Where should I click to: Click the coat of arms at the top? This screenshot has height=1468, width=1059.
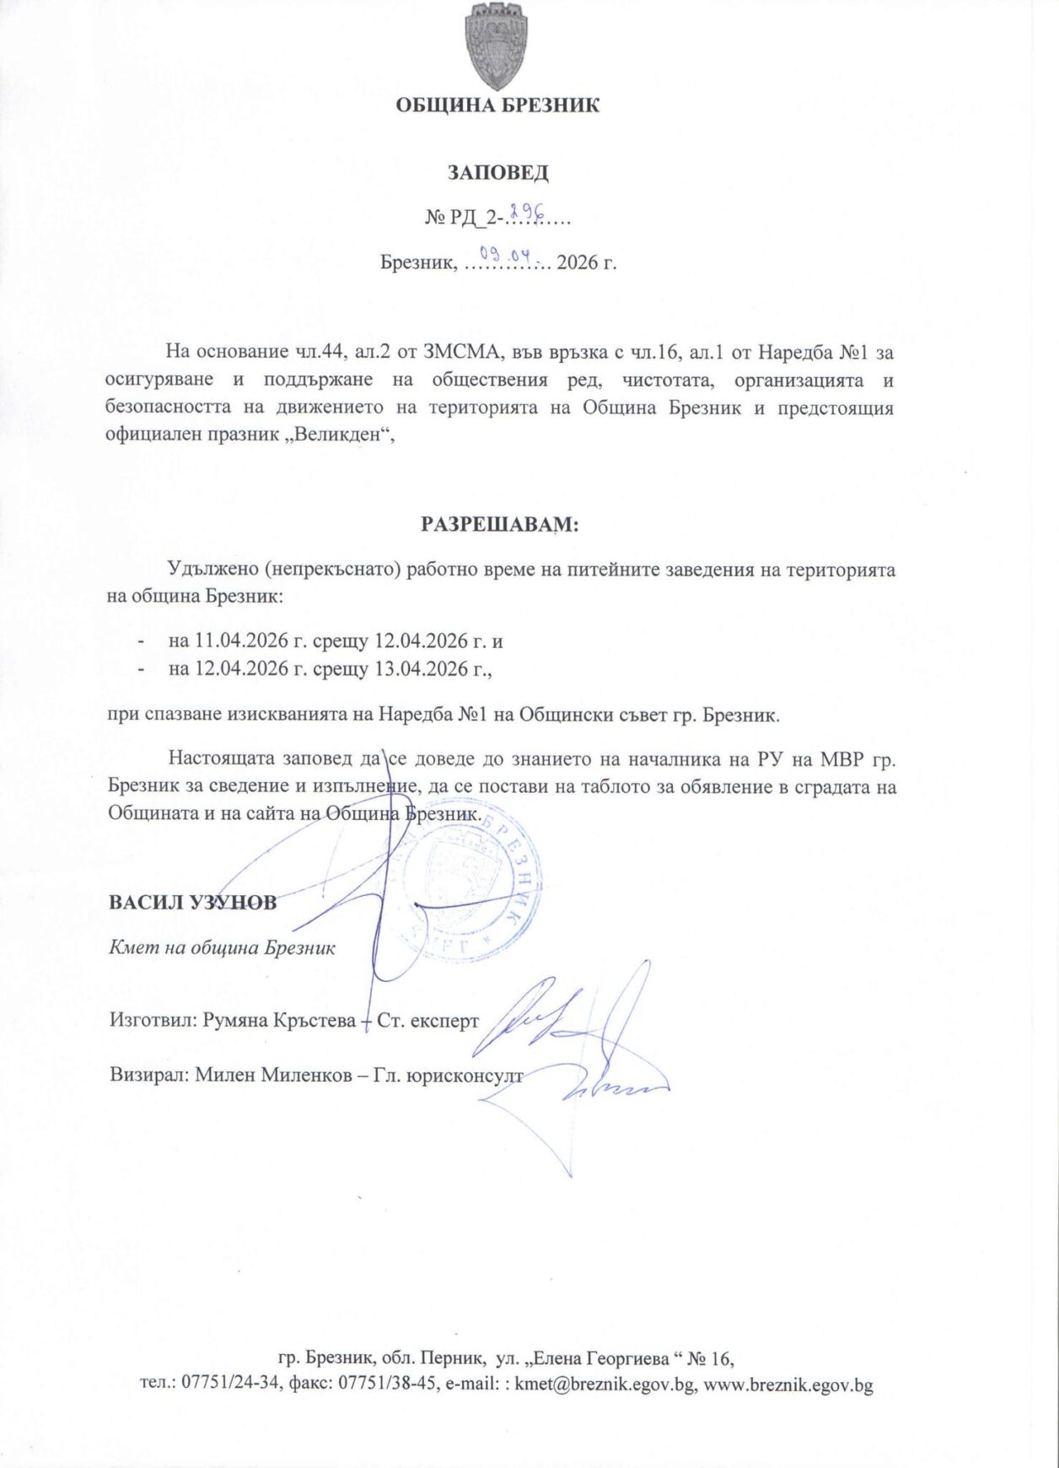(x=497, y=46)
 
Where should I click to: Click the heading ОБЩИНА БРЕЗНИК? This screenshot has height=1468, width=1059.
(x=497, y=105)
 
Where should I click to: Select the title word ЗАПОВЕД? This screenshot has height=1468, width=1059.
(x=497, y=173)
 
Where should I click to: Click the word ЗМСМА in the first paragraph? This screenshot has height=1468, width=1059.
(x=462, y=352)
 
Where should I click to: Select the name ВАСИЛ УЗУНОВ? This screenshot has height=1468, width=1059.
(x=192, y=902)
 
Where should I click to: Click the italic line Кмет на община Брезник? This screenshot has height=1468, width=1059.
(x=223, y=947)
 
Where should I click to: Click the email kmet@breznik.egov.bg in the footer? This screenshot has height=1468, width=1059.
(x=605, y=1384)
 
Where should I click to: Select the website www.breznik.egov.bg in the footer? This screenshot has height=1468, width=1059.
(x=788, y=1384)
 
